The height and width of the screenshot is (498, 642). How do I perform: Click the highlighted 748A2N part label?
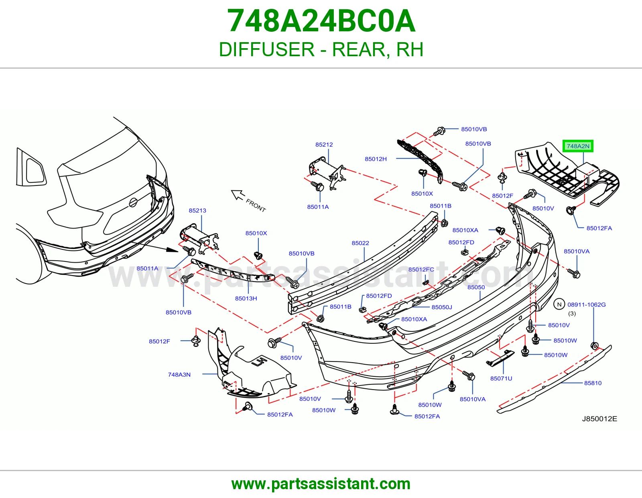point(577,146)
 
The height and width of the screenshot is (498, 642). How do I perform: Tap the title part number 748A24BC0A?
point(321,21)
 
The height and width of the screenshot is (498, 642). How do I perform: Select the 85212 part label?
point(324,145)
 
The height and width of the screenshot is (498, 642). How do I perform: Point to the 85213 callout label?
point(197,210)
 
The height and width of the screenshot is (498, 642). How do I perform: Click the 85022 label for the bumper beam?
point(360,243)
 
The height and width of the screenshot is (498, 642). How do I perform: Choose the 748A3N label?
point(179,375)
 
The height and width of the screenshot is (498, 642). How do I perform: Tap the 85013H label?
point(246,298)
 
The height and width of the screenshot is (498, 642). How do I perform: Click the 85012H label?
point(376,159)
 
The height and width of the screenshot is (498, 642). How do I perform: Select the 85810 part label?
point(593,383)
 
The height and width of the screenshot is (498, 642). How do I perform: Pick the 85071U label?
point(501,378)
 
